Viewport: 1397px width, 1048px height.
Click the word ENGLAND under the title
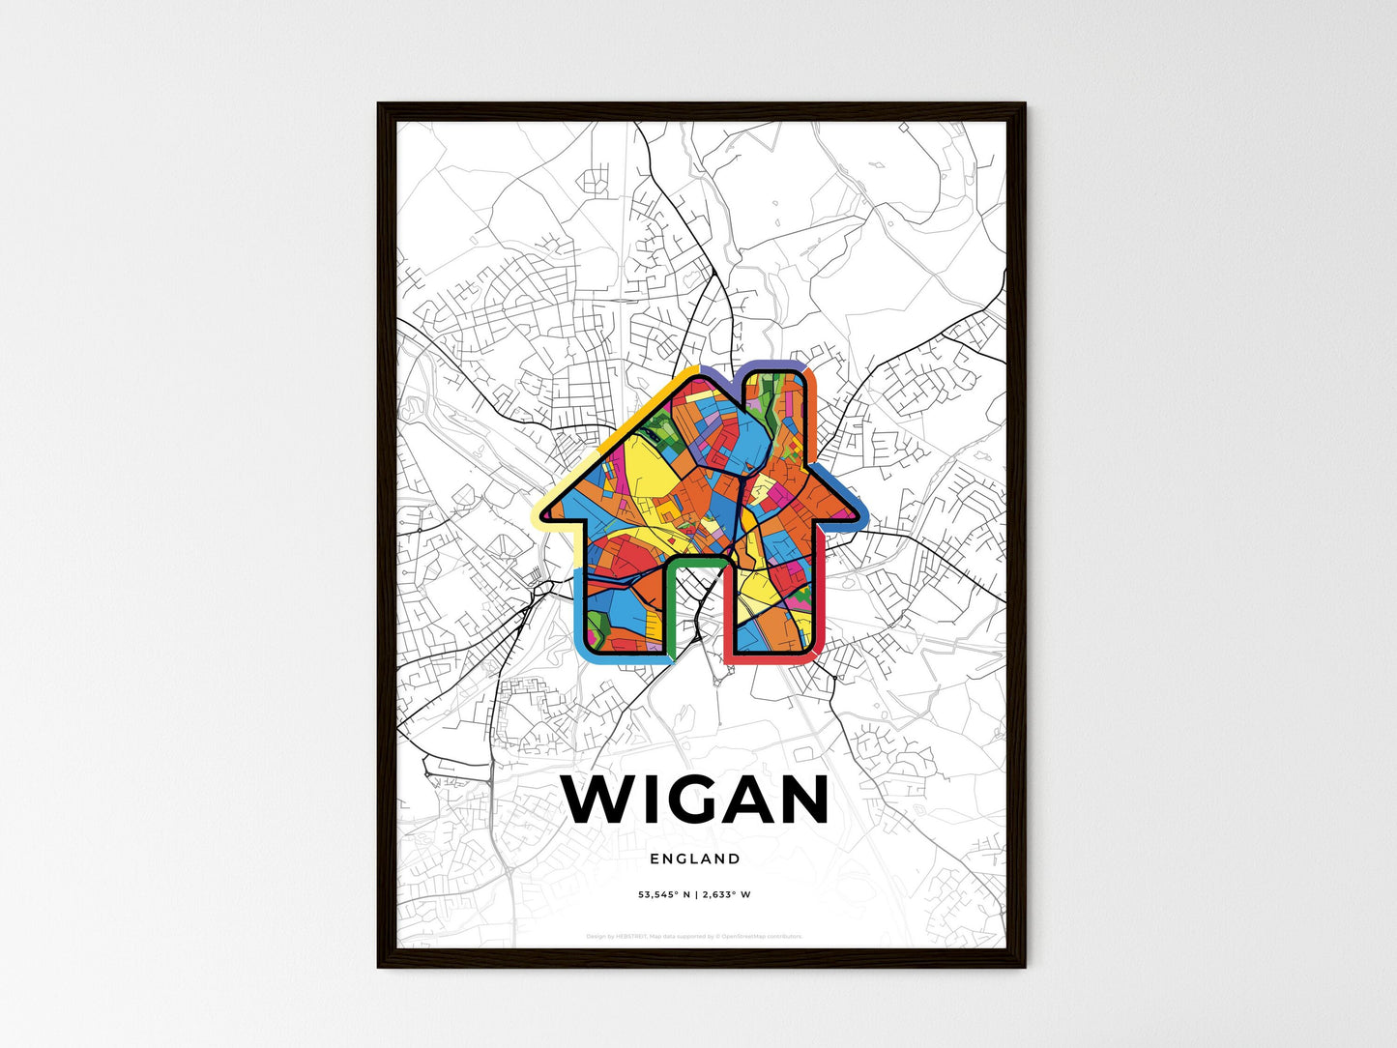point(695,859)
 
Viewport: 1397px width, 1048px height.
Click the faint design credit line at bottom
point(694,936)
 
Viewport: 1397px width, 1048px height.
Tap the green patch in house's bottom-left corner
point(597,633)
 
